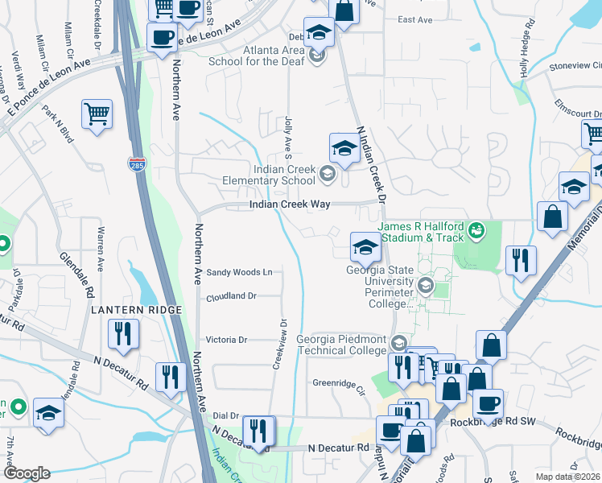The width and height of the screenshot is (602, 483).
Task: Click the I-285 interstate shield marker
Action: [136, 164]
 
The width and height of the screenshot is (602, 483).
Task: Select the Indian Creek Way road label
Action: [290, 205]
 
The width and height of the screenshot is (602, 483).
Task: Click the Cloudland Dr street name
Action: [231, 296]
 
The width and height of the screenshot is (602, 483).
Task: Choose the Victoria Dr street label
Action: [230, 340]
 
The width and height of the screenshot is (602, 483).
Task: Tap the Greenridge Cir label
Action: [339, 383]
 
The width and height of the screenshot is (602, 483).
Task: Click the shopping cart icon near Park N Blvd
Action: [97, 114]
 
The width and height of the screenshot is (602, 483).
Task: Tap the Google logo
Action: [27, 473]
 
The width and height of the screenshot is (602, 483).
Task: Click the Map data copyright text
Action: [567, 477]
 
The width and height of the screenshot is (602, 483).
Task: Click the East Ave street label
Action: [415, 19]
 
